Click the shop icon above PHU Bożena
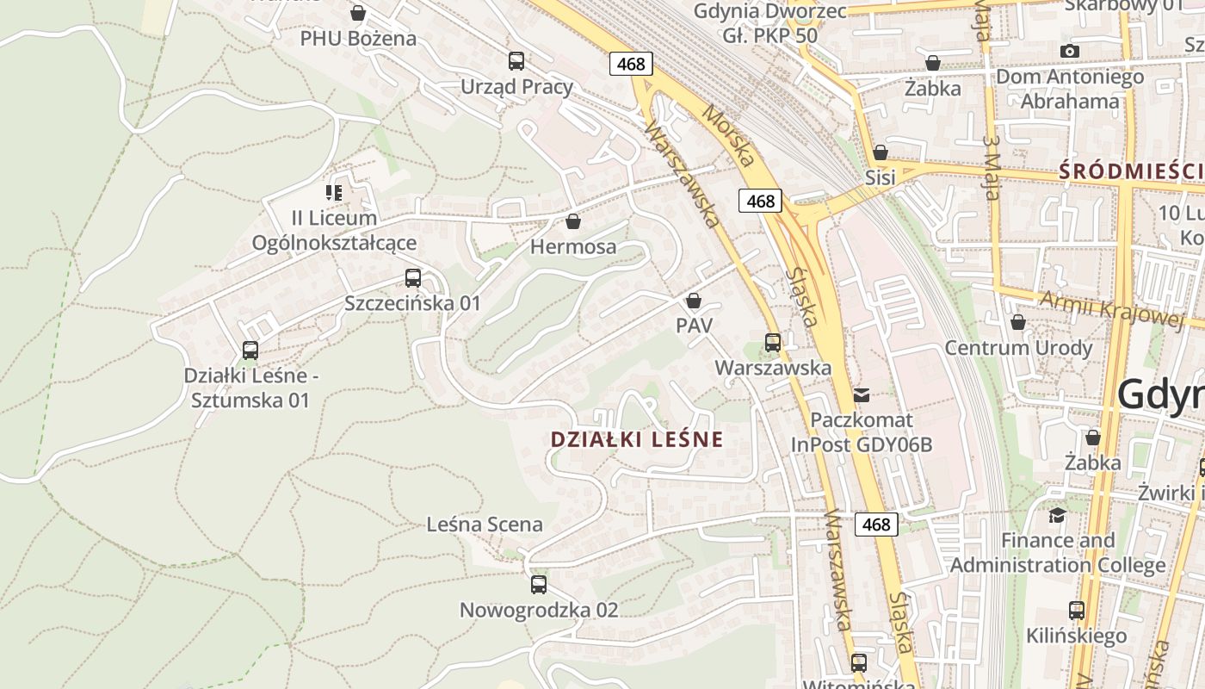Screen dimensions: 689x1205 click(x=358, y=13)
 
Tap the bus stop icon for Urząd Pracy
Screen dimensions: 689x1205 click(x=516, y=61)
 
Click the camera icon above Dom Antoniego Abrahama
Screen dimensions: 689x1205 click(x=1070, y=51)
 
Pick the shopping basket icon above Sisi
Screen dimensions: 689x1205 click(x=881, y=152)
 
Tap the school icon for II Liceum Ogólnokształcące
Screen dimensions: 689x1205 click(x=334, y=192)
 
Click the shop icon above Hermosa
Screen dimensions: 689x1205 click(x=573, y=222)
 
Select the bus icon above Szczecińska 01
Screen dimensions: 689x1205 click(x=413, y=278)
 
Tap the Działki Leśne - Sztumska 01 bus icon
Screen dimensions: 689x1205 click(x=250, y=351)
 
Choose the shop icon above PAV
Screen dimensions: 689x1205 click(x=694, y=301)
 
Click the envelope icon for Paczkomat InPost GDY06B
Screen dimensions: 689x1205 click(x=862, y=395)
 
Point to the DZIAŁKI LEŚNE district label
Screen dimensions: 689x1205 click(x=637, y=439)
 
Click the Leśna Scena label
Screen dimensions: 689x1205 click(x=485, y=525)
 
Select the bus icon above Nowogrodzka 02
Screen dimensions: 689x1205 click(x=539, y=585)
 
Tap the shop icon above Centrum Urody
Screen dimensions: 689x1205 click(x=1018, y=323)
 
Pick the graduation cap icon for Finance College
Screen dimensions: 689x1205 click(x=1057, y=515)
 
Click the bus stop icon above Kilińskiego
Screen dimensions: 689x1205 click(x=1077, y=611)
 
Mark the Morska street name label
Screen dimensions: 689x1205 click(x=728, y=135)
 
